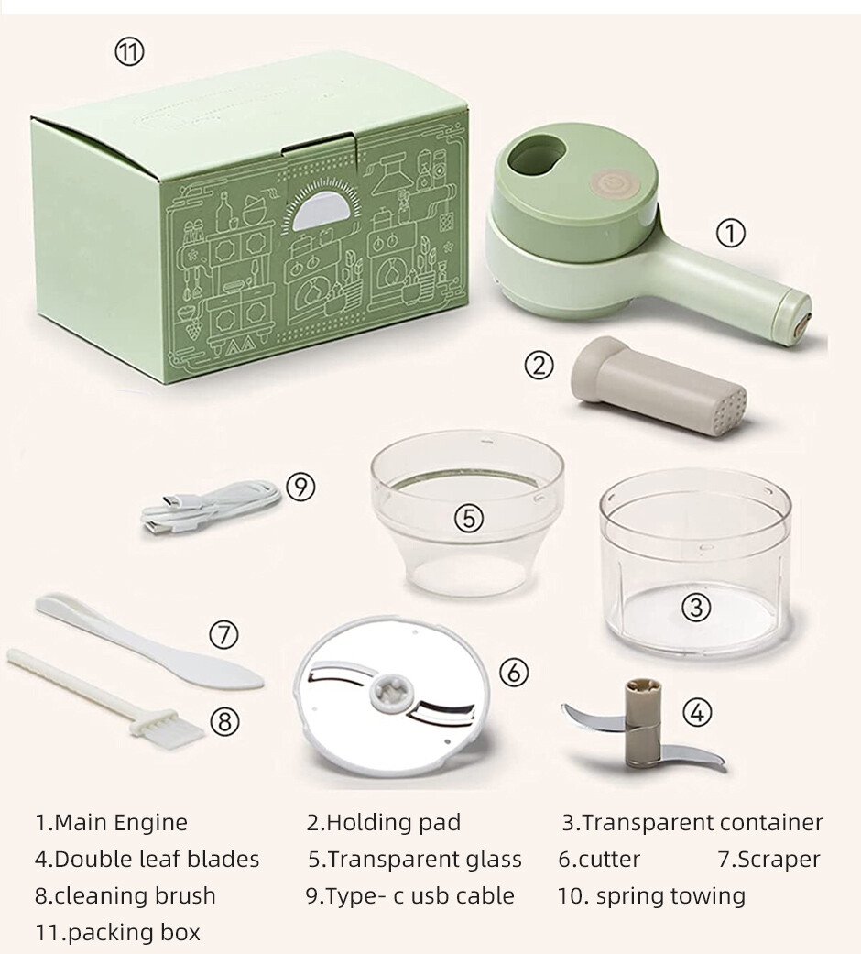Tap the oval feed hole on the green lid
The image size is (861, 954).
[535, 154]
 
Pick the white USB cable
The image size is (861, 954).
[211, 508]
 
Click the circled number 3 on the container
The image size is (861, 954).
[696, 607]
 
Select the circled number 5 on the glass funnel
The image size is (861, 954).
[469, 518]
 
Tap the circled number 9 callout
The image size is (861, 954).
[300, 488]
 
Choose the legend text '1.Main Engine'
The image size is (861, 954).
[111, 823]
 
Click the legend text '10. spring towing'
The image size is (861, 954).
[651, 895]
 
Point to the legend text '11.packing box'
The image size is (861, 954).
[117, 932]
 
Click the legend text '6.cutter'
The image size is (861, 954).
[599, 859]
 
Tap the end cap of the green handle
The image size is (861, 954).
[797, 315]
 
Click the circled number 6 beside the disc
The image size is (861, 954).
[514, 673]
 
